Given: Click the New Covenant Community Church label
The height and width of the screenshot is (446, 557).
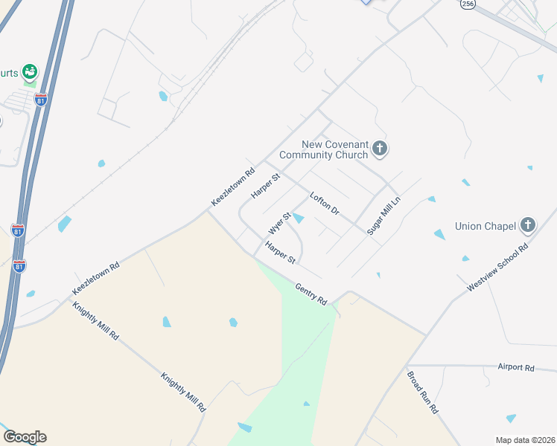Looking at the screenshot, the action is click(x=324, y=150).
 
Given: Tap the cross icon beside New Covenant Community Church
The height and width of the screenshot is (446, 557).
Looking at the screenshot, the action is click(x=380, y=149).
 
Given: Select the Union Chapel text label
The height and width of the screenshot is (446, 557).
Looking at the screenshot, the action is click(x=486, y=224).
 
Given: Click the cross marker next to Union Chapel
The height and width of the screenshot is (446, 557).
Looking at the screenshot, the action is click(x=528, y=224).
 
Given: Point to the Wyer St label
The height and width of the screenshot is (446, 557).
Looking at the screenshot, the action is click(x=279, y=221).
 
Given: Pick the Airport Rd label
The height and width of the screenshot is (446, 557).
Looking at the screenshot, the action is click(x=516, y=368).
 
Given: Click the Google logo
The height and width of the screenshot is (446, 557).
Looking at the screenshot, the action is click(x=25, y=437).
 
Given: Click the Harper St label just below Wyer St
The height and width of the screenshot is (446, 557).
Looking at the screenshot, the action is click(x=281, y=253).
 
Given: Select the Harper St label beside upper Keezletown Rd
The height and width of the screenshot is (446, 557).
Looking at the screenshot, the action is click(x=264, y=186).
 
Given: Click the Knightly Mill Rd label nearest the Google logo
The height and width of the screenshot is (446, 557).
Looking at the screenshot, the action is click(x=182, y=392).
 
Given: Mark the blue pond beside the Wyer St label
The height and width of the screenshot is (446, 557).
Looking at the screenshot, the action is click(x=298, y=218).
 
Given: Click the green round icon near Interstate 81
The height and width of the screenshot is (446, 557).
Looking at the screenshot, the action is click(x=30, y=72).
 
